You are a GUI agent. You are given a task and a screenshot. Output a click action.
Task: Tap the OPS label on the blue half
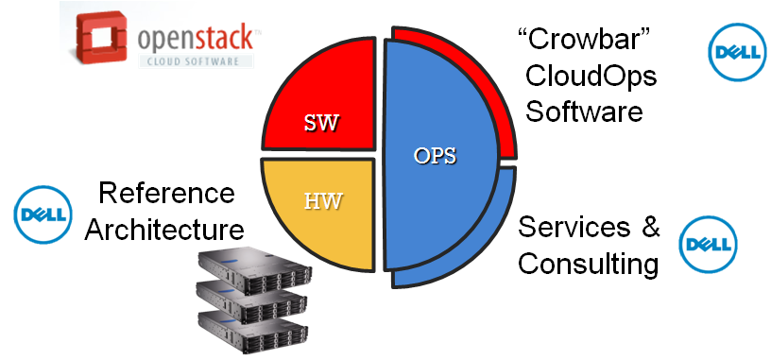coord(436,156)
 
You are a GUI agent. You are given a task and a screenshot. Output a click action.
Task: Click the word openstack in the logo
coord(195,39)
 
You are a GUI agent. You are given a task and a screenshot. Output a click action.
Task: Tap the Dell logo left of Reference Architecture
coord(43,212)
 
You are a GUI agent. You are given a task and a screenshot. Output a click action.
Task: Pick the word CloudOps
coord(591,77)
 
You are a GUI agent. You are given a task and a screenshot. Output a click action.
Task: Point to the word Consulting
coord(588,264)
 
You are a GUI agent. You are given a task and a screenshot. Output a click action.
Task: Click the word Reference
coord(166,194)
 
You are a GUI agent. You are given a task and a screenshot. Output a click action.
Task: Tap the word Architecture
coord(164,229)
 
